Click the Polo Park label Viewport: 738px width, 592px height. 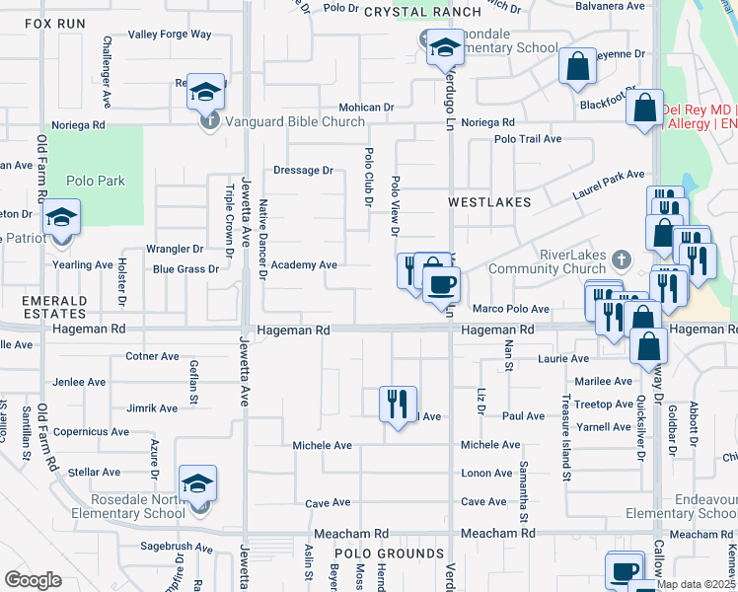pos(96,181)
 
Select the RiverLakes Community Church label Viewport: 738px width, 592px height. pos(579,261)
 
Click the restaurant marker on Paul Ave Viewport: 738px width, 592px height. pos(399,404)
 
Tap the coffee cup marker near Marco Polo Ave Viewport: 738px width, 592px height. pos(441,285)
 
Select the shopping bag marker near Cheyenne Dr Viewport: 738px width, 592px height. pos(578,67)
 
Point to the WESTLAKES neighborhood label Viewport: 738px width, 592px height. pos(489,201)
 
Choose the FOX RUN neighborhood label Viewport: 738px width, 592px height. pos(53,22)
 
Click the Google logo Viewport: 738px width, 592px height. pos(33,580)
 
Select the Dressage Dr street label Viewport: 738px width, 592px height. pos(303,170)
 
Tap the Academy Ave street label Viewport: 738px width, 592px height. pos(304,264)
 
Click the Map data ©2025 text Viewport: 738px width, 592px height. pos(697,584)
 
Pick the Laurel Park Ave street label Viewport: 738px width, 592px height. pos(610,185)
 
